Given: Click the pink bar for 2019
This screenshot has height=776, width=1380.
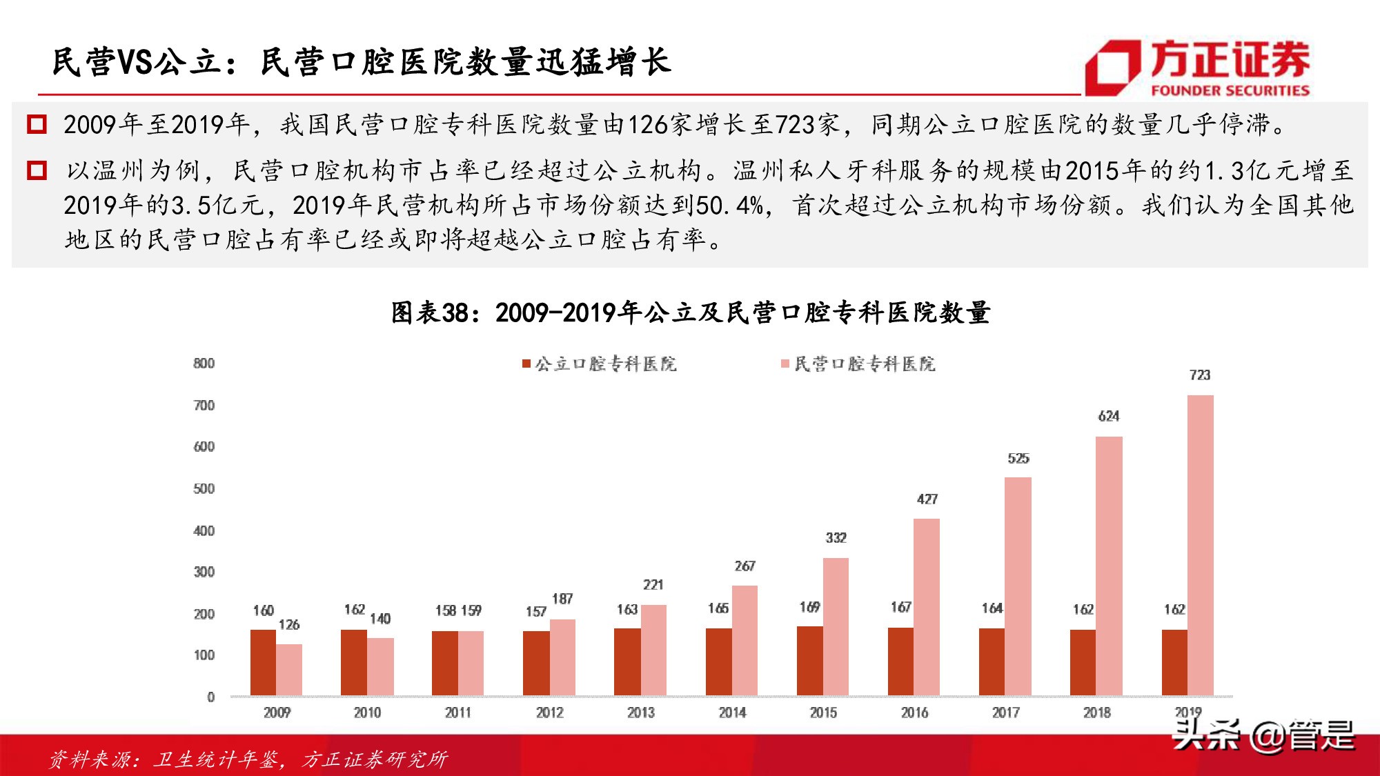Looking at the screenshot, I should click(x=1200, y=545).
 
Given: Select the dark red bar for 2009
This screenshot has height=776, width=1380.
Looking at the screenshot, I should click(x=263, y=662).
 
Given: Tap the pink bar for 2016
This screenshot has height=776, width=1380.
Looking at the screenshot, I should click(x=927, y=607).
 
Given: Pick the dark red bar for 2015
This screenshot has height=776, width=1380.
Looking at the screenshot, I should click(x=809, y=661).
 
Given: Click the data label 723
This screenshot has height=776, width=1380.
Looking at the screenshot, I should click(x=1200, y=375).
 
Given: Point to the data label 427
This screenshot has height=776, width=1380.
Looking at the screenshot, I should click(x=927, y=499).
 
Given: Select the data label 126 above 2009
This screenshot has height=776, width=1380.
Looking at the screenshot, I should click(x=289, y=625).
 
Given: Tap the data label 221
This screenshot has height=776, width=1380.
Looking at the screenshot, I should click(x=653, y=585).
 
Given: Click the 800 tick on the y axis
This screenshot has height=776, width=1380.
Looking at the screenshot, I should click(x=204, y=364).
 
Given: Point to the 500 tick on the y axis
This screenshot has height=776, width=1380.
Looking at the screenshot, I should click(x=204, y=489).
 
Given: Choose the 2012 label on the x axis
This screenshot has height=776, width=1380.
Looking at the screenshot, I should click(x=549, y=713).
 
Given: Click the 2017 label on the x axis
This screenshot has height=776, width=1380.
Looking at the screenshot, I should click(x=1005, y=713).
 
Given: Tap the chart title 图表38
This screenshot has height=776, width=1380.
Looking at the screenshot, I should click(x=690, y=312).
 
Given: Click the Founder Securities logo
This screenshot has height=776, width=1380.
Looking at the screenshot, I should click(x=1197, y=67).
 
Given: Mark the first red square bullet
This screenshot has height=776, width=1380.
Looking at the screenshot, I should click(x=37, y=125).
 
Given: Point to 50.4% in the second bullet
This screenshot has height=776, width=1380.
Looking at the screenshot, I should click(x=729, y=206).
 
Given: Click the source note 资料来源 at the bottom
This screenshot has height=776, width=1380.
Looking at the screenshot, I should click(x=248, y=759).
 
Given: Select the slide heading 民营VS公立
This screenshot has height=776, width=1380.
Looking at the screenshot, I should click(x=362, y=62).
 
